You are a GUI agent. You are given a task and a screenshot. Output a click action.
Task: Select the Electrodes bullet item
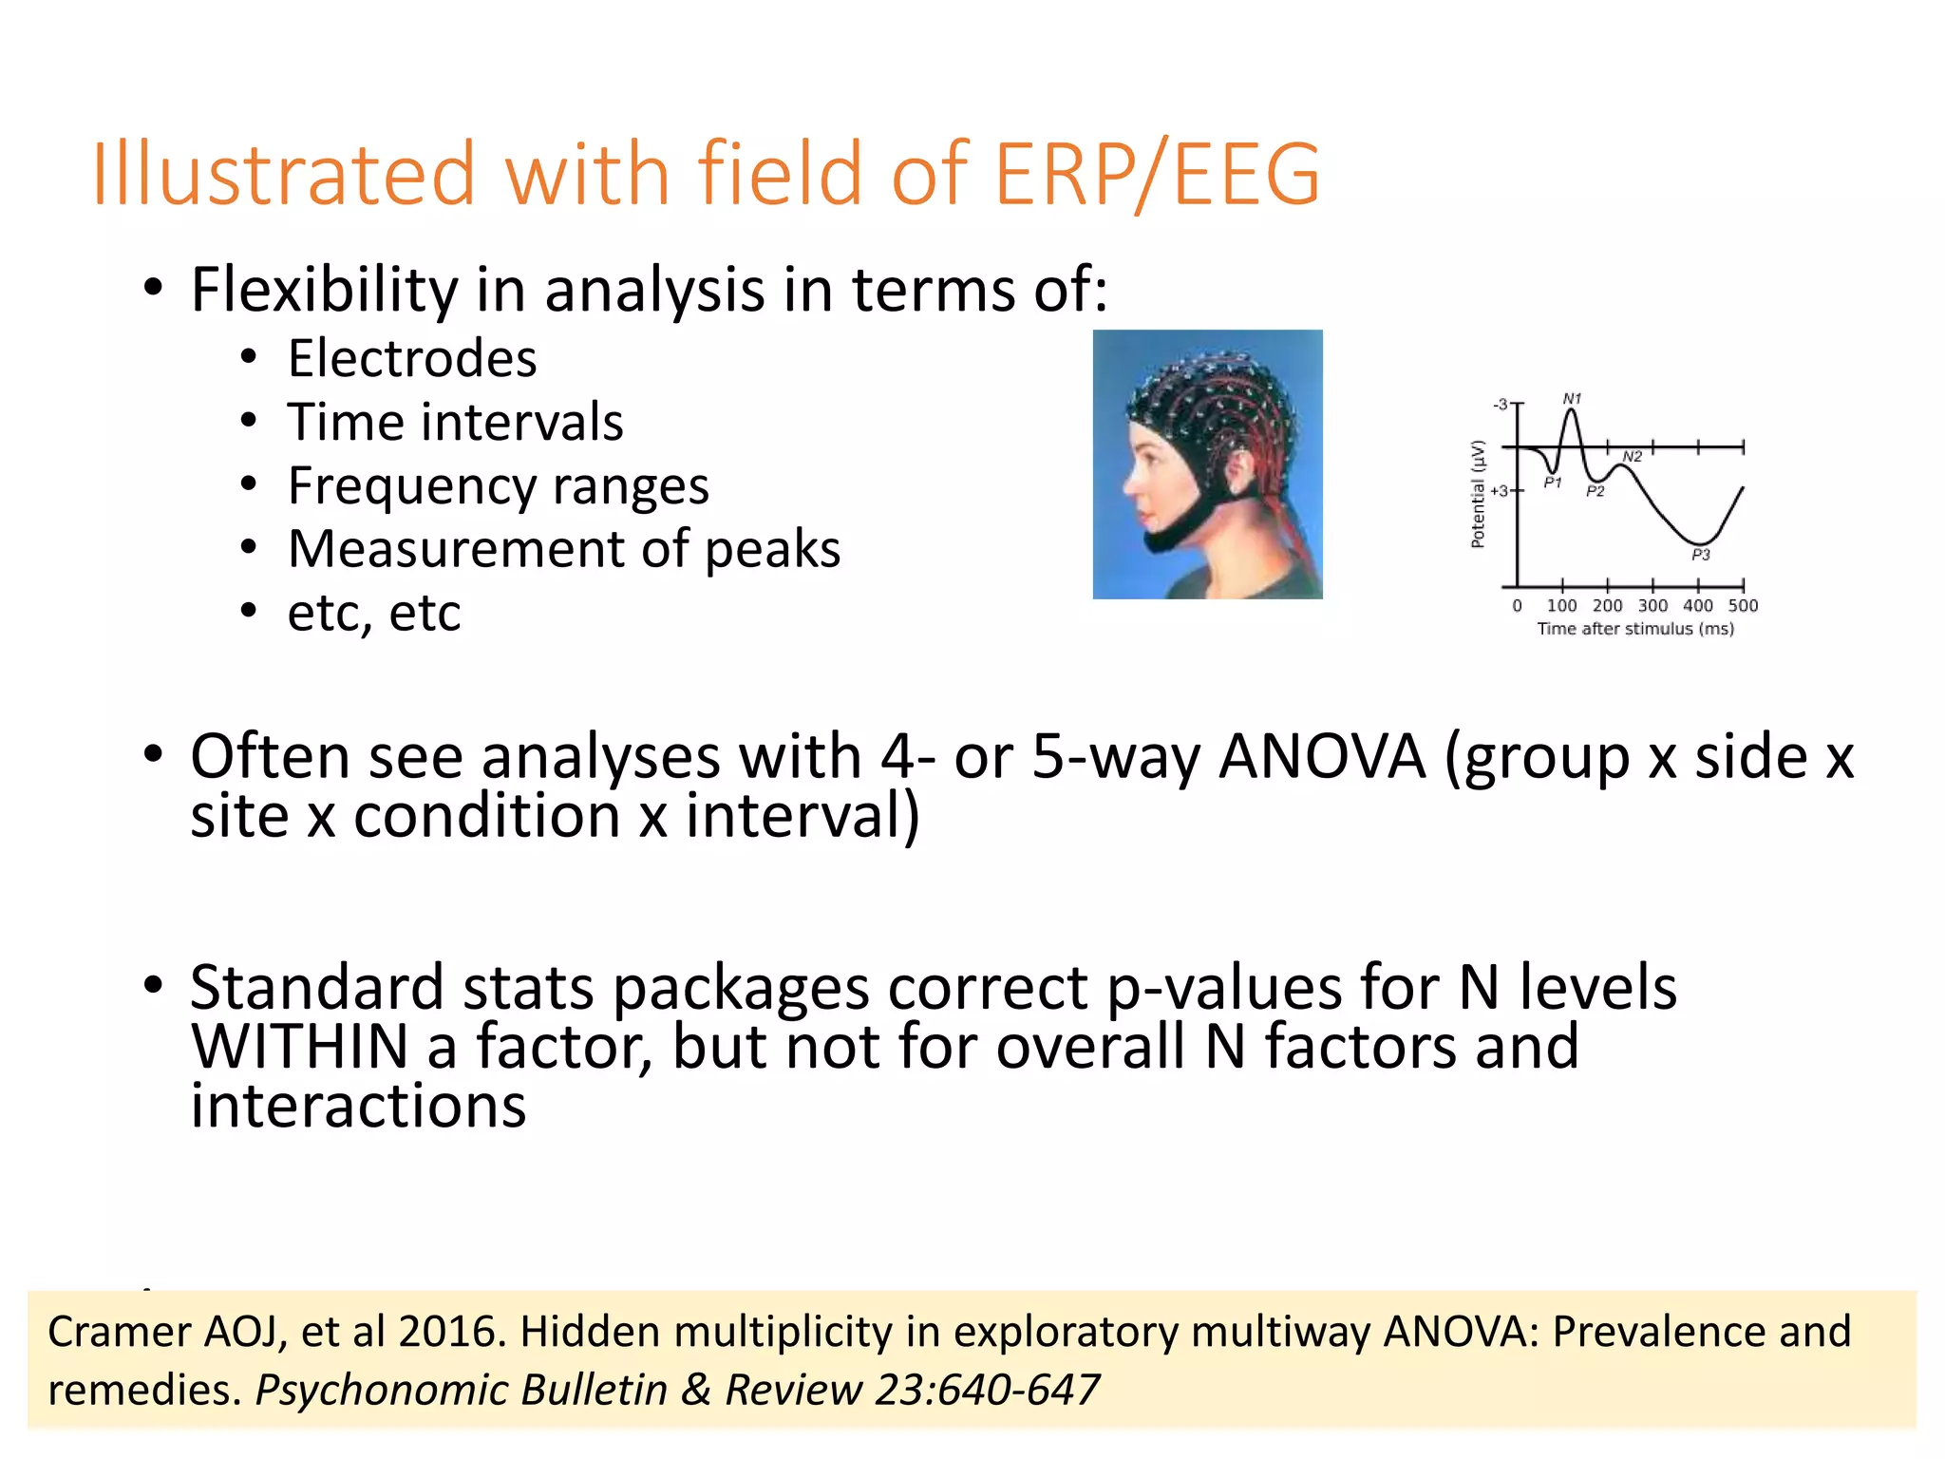(412, 359)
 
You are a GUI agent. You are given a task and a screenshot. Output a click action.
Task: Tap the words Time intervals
(455, 423)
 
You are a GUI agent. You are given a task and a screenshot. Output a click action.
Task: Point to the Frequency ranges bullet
(498, 486)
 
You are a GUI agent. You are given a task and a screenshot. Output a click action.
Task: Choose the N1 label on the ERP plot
(1572, 399)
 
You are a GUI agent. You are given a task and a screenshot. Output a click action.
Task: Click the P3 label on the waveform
(1700, 555)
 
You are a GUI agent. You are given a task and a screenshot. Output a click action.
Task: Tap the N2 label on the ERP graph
(1632, 457)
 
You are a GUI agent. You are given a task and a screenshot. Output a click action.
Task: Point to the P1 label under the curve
(1552, 483)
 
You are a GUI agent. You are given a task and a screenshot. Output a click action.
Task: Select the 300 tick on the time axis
(1652, 606)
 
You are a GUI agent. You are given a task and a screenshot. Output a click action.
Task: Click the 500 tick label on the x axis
(1743, 606)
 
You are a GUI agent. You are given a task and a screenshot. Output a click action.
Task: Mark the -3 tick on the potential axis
(1500, 405)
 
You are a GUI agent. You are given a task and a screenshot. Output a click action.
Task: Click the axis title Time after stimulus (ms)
(1635, 629)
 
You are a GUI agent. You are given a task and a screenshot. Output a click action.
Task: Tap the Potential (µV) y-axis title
(1478, 494)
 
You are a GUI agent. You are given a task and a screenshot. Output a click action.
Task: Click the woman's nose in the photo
(1127, 485)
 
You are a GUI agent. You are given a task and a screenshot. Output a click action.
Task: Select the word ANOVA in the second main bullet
(1321, 757)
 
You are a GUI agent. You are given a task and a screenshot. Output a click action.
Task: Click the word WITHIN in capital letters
(299, 1047)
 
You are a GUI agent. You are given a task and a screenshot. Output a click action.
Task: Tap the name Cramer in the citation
(118, 1332)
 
